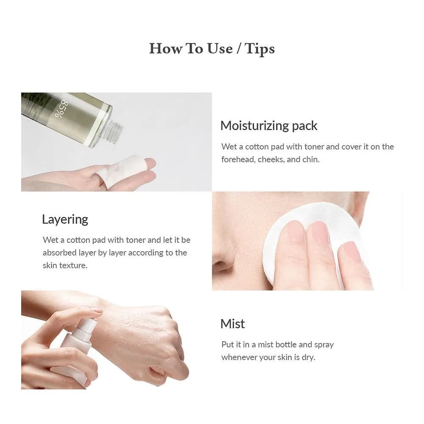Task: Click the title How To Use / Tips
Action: [212, 48]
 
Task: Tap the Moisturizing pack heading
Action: [268, 126]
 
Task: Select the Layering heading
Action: [65, 219]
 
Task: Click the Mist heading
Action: [232, 324]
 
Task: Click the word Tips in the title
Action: [259, 48]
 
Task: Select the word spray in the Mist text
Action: [324, 344]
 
